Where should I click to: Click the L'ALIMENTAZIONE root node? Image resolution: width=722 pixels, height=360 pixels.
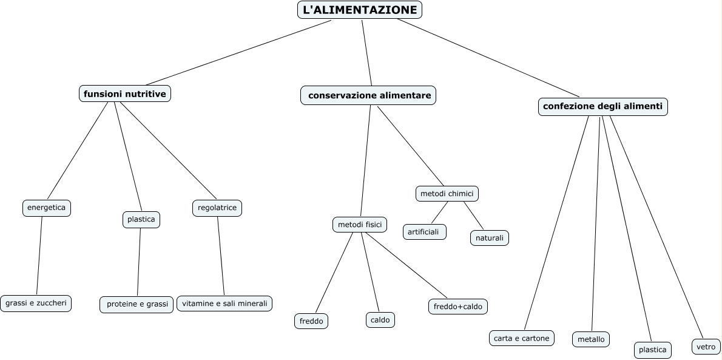[359, 10]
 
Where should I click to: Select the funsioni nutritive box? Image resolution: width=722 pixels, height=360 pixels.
[125, 93]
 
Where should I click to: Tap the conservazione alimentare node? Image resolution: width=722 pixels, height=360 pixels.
[369, 95]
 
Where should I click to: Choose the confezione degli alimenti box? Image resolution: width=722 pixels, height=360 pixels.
[603, 107]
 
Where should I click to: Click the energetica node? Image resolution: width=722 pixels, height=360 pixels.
[46, 208]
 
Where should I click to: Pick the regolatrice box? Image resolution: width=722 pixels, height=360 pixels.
[217, 208]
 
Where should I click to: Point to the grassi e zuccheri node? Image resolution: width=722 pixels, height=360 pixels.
[36, 302]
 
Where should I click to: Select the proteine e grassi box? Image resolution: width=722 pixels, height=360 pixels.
[137, 304]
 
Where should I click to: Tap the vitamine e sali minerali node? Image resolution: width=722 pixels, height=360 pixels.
[224, 303]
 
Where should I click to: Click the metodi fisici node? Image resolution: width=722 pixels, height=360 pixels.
[360, 224]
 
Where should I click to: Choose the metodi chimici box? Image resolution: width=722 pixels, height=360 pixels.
[447, 194]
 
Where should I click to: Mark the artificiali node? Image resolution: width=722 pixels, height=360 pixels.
[424, 232]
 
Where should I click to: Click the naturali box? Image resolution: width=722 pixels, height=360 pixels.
[489, 238]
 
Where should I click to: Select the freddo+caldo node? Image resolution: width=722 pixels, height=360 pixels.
[458, 307]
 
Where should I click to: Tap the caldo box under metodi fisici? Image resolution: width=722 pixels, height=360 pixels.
[380, 319]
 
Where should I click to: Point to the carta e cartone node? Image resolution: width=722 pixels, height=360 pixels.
[522, 338]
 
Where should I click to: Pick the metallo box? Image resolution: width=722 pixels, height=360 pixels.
[590, 339]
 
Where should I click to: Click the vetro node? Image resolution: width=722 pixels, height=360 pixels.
[706, 347]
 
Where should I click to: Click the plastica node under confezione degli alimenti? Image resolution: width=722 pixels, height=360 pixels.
[653, 350]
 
